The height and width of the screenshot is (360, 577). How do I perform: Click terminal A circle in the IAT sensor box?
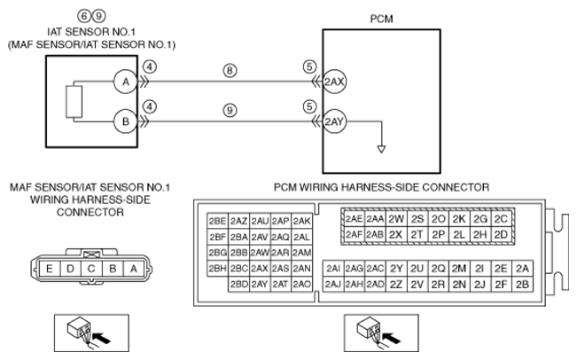[126, 82]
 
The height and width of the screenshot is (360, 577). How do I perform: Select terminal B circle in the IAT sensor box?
[126, 121]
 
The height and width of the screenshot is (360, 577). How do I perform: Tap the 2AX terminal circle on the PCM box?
[334, 82]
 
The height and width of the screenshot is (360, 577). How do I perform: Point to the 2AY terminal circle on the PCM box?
[334, 121]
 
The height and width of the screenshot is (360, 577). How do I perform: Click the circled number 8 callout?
[230, 70]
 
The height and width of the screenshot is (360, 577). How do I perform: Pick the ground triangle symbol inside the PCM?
[382, 149]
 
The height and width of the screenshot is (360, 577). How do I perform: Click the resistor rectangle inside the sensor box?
[74, 102]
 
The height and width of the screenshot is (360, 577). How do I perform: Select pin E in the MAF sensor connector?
[50, 269]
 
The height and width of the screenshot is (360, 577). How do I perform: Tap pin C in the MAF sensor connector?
[91, 269]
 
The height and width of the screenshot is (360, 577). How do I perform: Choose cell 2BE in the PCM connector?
[217, 221]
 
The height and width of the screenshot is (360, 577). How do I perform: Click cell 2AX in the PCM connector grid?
[260, 269]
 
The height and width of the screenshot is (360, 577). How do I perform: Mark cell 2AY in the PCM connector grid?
[260, 285]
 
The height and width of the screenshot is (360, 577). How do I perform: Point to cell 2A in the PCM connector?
[522, 269]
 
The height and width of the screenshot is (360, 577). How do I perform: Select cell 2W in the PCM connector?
[396, 219]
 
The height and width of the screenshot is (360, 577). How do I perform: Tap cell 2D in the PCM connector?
[501, 234]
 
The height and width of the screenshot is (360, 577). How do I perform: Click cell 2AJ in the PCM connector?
[333, 285]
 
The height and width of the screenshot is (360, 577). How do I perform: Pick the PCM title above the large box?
[382, 19]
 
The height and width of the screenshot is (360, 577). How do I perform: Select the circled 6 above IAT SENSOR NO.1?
[84, 16]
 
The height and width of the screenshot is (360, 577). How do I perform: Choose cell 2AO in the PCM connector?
[301, 285]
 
